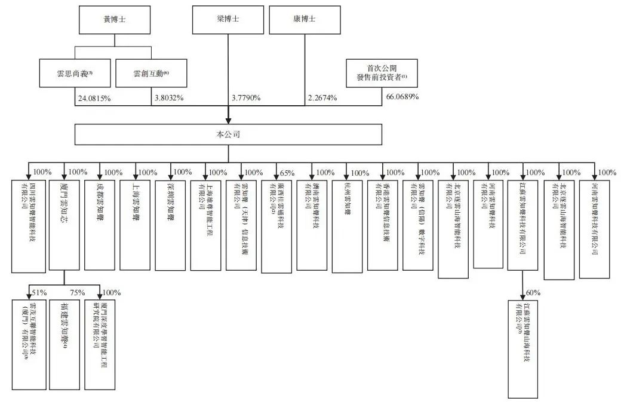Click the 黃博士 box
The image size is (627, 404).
[115, 19]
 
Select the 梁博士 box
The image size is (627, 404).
[228, 19]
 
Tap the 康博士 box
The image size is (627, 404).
[305, 19]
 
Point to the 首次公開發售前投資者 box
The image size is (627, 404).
[382, 74]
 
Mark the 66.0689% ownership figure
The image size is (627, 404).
[403, 97]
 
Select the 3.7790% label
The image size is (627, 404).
[246, 97]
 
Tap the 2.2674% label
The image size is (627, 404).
[322, 97]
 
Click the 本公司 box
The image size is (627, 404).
[228, 134]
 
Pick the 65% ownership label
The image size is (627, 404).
[288, 173]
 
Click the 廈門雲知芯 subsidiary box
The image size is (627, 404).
[64, 224]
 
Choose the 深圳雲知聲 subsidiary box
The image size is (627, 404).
[170, 224]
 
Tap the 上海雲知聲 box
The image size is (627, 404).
[135, 224]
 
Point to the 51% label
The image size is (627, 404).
[39, 292]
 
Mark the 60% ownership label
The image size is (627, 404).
[533, 292]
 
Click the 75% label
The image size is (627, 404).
[77, 292]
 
